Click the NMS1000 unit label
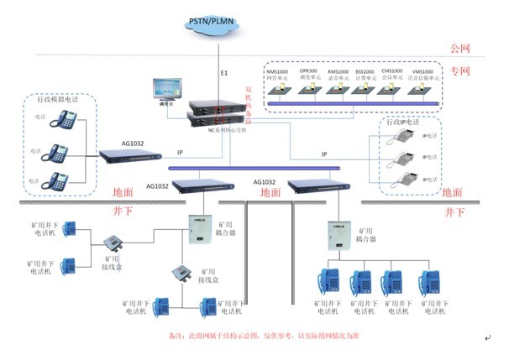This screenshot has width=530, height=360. (x=278, y=72)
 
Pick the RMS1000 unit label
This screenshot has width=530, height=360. (x=338, y=72)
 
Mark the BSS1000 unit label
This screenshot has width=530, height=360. (x=365, y=72)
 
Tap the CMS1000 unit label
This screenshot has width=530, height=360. (x=392, y=72)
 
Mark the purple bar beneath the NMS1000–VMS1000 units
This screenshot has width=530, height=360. (x=354, y=103)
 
